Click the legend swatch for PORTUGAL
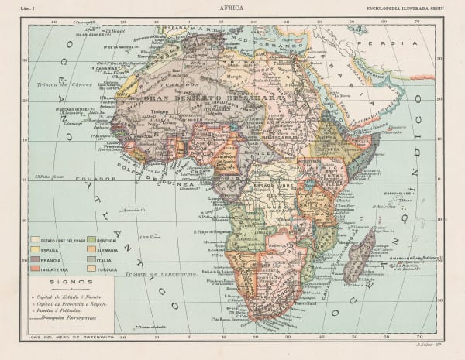(x=91, y=239)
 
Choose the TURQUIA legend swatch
(x=91, y=269)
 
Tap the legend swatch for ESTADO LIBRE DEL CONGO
(x=36, y=241)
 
